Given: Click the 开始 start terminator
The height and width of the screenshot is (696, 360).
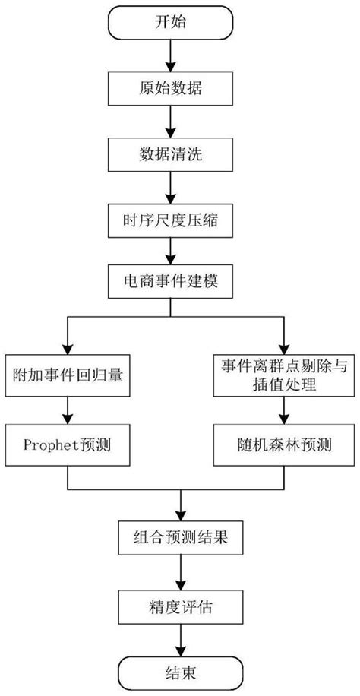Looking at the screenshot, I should (180, 24).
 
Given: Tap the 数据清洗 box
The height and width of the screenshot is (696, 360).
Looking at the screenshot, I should (180, 156).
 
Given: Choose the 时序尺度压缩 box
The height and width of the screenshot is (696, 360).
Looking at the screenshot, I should (180, 222).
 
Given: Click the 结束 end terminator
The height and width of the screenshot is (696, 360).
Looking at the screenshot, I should (180, 672).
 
